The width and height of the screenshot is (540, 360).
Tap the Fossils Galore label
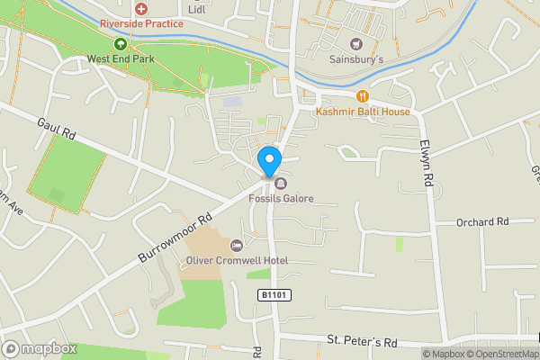coord(282,198)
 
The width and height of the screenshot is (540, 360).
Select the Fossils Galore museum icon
coord(267,185)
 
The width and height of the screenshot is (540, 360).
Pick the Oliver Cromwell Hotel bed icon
coord(237,246)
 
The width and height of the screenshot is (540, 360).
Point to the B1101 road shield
coord(274,295)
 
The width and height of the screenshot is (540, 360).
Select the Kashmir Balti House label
coord(363,112)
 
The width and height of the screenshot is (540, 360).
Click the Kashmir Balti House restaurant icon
coord(363,95)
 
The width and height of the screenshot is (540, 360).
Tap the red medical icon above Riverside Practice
coord(141,7)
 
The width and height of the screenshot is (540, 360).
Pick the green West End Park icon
coord(120,43)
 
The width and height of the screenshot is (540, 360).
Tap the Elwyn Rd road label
coord(427,163)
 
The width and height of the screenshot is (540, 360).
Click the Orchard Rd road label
coord(482,221)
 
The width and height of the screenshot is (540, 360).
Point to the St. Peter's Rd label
coord(362,343)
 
